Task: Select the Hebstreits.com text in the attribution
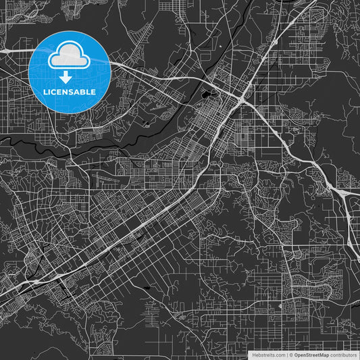point(269,355)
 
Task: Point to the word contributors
point(344,355)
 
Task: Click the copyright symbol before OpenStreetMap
point(291,355)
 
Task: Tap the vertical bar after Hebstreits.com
point(286,355)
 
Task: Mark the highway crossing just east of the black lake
point(242,99)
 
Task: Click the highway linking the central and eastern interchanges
point(290,145)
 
